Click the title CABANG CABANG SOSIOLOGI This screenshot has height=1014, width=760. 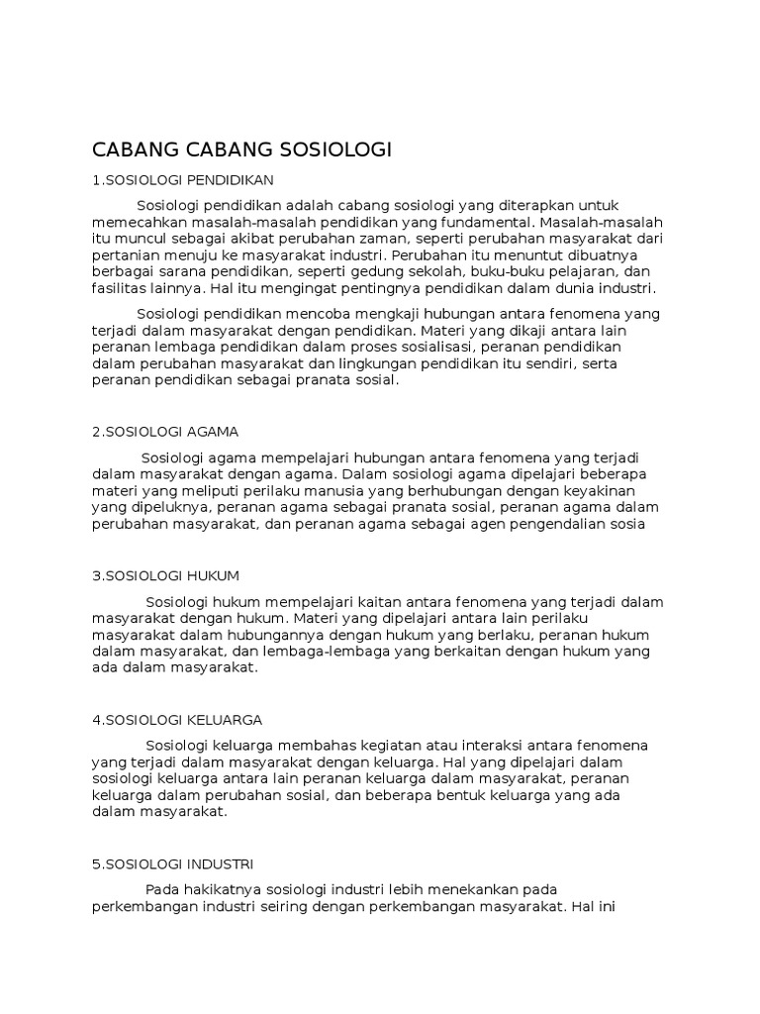[x=242, y=151]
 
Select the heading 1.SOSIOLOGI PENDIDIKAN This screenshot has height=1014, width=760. [x=182, y=179]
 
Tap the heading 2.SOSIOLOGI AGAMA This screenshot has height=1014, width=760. [x=166, y=432]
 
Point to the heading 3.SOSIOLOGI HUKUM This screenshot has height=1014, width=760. [x=166, y=575]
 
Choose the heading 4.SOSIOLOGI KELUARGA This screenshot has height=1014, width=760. [x=177, y=719]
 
